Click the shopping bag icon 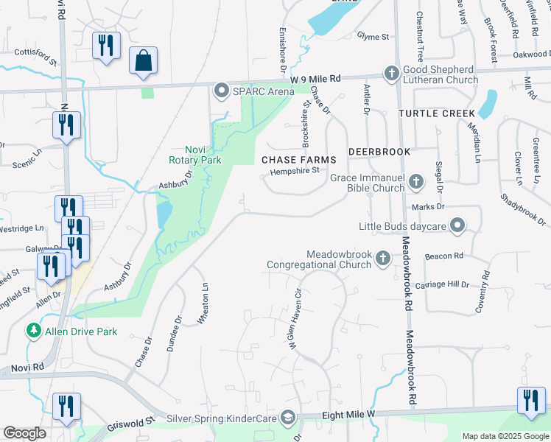tap(143, 61)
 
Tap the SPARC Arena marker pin tap(221, 91)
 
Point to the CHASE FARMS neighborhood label tap(299, 160)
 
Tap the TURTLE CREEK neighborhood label tap(432, 114)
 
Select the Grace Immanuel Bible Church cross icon tap(415, 181)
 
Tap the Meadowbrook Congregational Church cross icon tap(382, 257)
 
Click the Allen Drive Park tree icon tap(33, 331)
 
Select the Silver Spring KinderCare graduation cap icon tap(288, 418)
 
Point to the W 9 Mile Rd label tap(317, 78)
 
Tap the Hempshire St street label tap(294, 171)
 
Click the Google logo tap(24, 433)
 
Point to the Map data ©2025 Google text tap(505, 436)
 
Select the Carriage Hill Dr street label tap(442, 284)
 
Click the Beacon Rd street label tap(443, 256)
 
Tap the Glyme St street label tap(372, 36)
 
